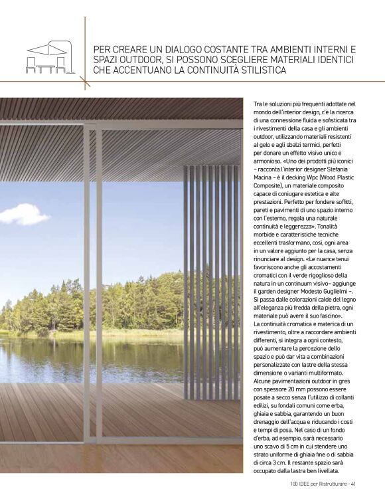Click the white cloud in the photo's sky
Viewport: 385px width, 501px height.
(x=24, y=215)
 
